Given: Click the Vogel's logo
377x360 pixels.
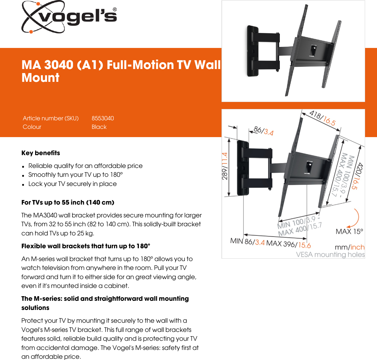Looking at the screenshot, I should pyautogui.click(x=69, y=17).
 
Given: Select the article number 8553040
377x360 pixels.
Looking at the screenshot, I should pyautogui.click(x=103, y=118).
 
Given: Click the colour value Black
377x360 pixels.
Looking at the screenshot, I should pyautogui.click(x=99, y=127).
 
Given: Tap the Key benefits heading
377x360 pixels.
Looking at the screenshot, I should pyautogui.click(x=41, y=153).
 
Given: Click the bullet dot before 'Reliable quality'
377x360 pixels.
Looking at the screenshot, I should pyautogui.click(x=23, y=167).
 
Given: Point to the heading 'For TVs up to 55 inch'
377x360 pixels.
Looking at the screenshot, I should pyautogui.click(x=68, y=202).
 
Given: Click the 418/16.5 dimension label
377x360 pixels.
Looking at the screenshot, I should pyautogui.click(x=322, y=118).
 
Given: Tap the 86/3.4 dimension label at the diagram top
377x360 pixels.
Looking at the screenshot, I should pyautogui.click(x=263, y=131).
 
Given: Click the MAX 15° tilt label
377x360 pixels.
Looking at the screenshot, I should pyautogui.click(x=349, y=231).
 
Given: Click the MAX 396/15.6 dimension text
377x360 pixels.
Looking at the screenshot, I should pyautogui.click(x=288, y=244).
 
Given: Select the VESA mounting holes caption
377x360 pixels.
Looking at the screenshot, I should pyautogui.click(x=330, y=255).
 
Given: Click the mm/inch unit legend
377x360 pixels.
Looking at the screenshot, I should pyautogui.click(x=350, y=247).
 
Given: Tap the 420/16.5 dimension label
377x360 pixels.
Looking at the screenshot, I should pyautogui.click(x=357, y=176).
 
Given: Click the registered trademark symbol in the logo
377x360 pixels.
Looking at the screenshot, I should pyautogui.click(x=115, y=9).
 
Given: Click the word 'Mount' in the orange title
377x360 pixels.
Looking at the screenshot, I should pyautogui.click(x=40, y=78).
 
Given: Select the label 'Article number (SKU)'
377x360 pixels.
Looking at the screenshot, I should pyautogui.click(x=51, y=118).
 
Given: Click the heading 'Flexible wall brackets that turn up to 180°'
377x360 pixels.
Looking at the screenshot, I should pyautogui.click(x=86, y=246).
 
